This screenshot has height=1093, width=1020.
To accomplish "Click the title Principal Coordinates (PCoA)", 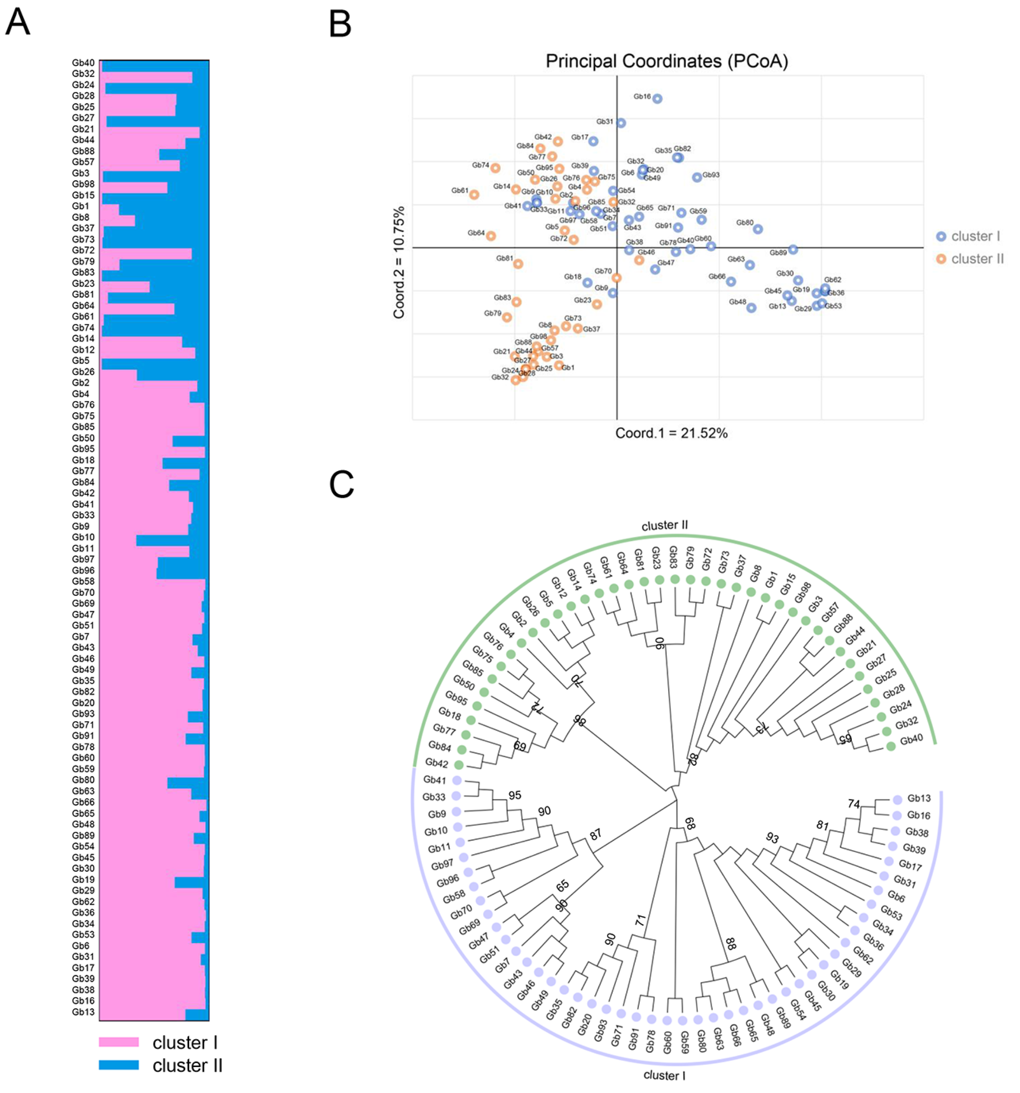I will [x=667, y=61].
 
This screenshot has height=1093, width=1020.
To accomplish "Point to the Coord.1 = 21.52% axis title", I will [x=671, y=433].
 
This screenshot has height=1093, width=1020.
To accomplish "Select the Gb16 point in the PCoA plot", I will [x=657, y=98].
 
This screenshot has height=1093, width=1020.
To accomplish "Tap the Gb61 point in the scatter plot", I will [x=474, y=194].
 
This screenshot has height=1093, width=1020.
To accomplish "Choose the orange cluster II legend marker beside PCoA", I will [x=941, y=259].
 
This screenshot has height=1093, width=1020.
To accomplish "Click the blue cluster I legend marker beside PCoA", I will [x=941, y=236].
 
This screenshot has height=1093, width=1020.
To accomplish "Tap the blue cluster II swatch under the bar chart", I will [x=119, y=1065].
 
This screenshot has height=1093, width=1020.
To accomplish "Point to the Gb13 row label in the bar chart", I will [x=84, y=1012].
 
